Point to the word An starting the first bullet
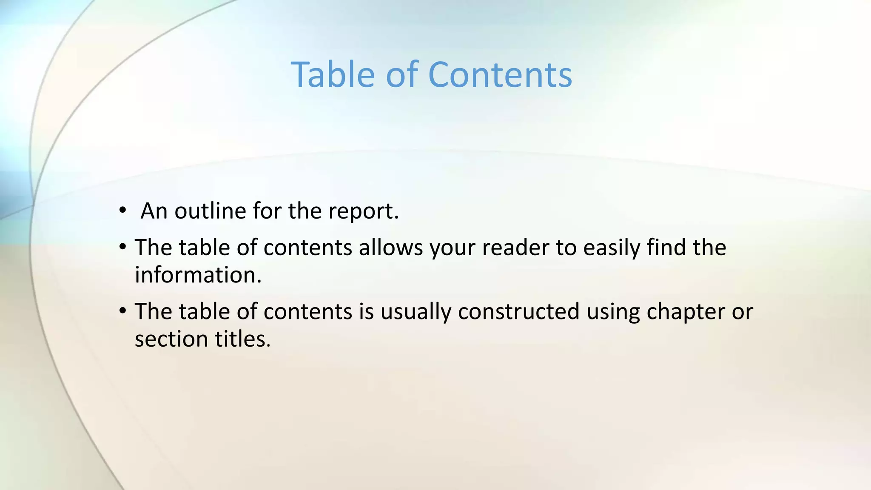[x=154, y=211]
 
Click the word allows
[x=390, y=248]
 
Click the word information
[x=198, y=275]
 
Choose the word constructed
[x=518, y=312]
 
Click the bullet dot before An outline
[x=123, y=210]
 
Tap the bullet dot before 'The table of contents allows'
[x=123, y=246]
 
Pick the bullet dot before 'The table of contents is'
[x=123, y=311]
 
